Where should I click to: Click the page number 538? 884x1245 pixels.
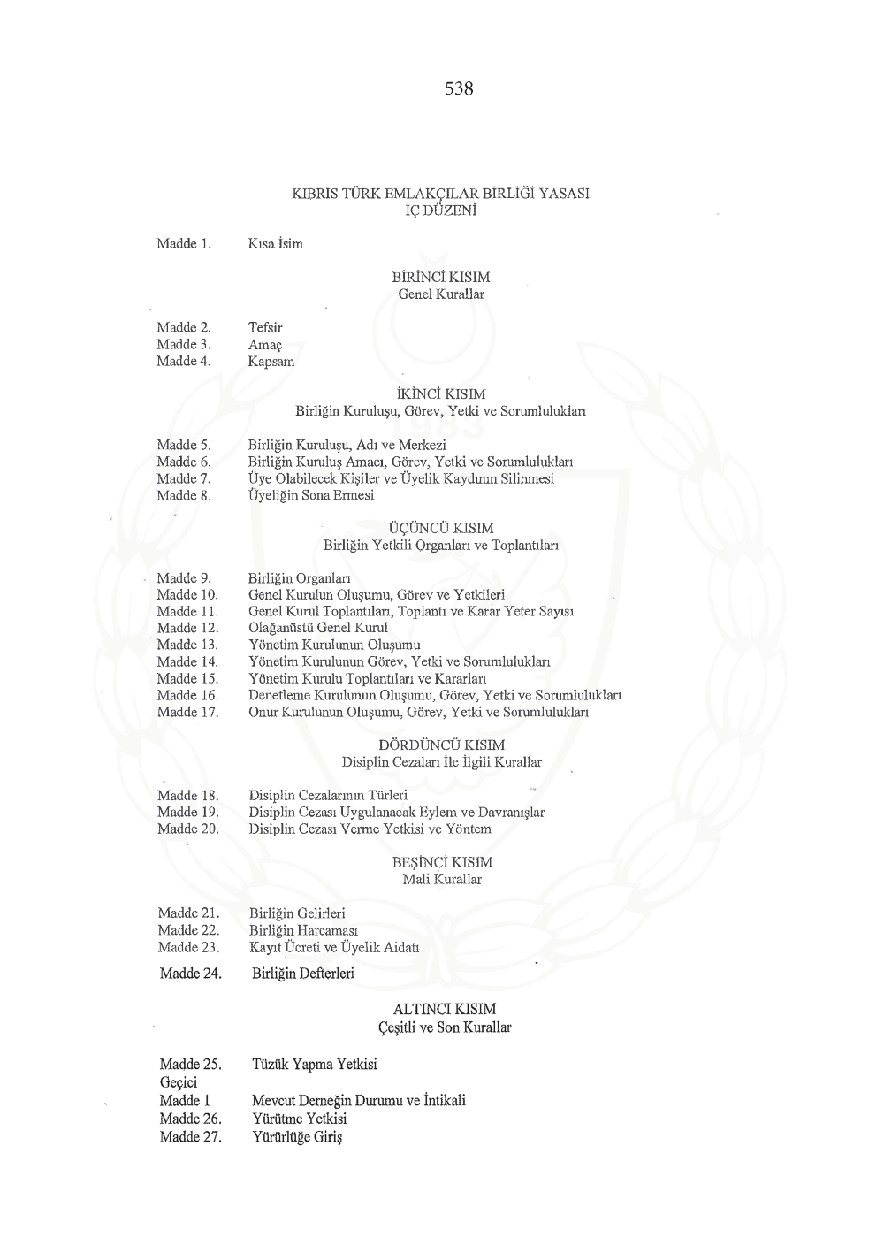point(459,89)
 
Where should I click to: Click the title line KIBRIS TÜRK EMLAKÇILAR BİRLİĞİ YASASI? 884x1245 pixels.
point(440,194)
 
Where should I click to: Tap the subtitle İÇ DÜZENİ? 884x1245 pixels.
point(440,210)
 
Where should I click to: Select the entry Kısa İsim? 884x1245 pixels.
point(276,244)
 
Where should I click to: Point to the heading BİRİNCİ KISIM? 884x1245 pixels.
point(440,278)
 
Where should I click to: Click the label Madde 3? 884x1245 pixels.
point(184,344)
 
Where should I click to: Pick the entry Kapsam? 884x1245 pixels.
point(271,361)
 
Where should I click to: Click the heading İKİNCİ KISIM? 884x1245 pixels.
point(440,394)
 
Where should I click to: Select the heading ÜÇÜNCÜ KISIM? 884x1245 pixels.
point(441,529)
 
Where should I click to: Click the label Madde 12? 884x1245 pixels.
point(187,628)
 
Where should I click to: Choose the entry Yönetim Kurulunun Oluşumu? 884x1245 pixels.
point(334,645)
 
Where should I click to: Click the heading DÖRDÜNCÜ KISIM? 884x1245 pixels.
point(441,745)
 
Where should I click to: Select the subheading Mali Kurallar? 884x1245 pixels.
point(441,879)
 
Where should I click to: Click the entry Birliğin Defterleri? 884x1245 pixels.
point(303,974)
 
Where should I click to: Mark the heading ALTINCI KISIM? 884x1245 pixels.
point(444,1009)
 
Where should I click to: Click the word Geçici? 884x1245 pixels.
point(179,1082)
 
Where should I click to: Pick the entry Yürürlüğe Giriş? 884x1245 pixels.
point(297,1137)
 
